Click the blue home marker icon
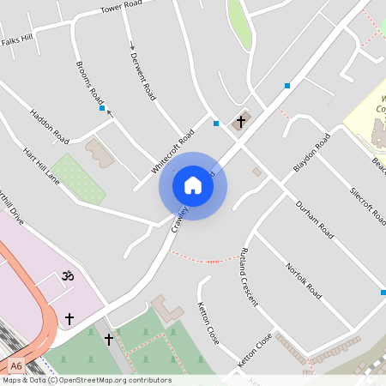click(x=193, y=185)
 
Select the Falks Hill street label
click(x=16, y=39)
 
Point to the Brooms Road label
click(x=90, y=81)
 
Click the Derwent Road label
click(x=142, y=74)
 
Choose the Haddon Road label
click(x=49, y=125)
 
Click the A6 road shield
click(x=17, y=365)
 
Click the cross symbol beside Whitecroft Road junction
click(x=241, y=123)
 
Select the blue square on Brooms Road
click(x=102, y=109)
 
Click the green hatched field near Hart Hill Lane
click(x=77, y=178)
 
